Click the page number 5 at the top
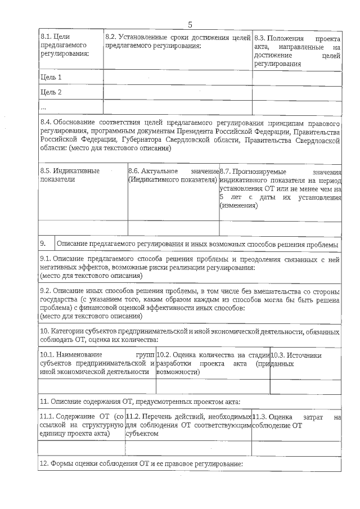pyautogui.click(x=190, y=24)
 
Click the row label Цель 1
pyautogui.click(x=51, y=77)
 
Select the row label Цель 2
pyautogui.click(x=51, y=92)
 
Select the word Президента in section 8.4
pyautogui.click(x=191, y=131)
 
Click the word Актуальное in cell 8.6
pyautogui.click(x=160, y=170)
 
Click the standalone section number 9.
pyautogui.click(x=43, y=245)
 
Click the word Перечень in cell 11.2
pyautogui.click(x=157, y=417)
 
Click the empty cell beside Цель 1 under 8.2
pyautogui.click(x=177, y=77)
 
